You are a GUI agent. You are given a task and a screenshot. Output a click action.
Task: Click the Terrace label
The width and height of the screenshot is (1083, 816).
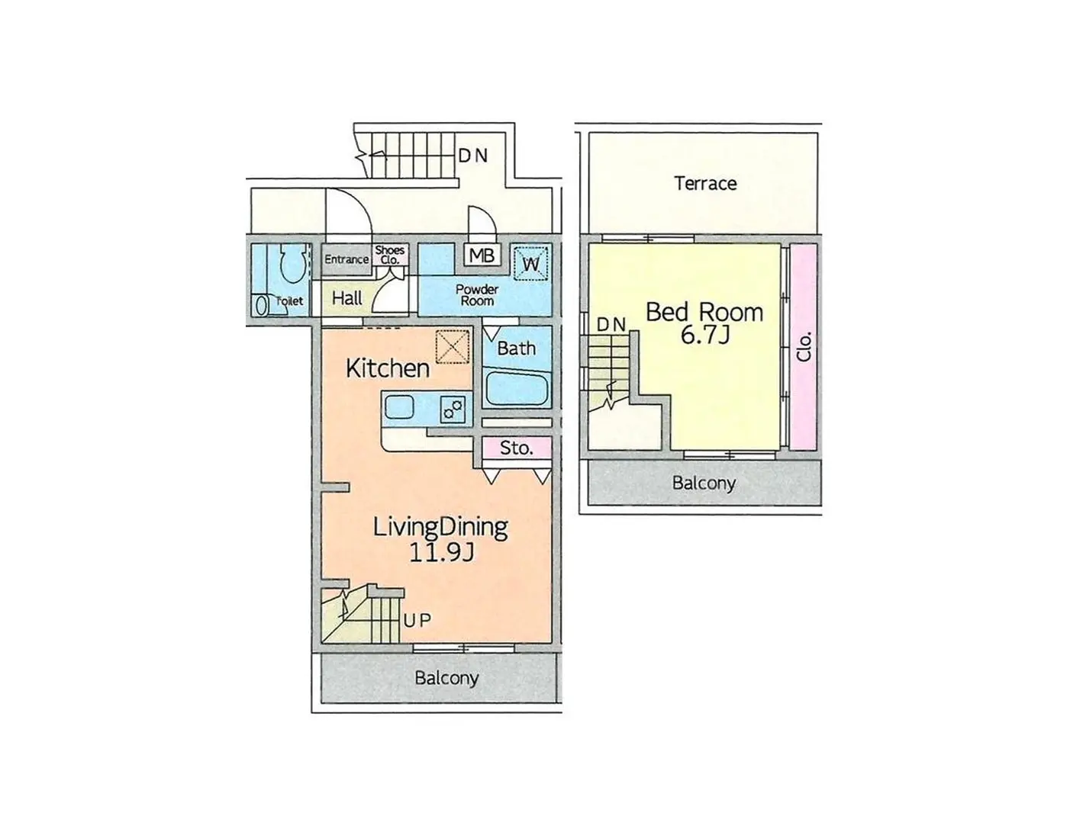pyautogui.click(x=705, y=184)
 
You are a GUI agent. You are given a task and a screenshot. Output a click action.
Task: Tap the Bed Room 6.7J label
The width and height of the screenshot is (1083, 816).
pyautogui.click(x=704, y=323)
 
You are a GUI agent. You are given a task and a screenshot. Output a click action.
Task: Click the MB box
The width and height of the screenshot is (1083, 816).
pyautogui.click(x=482, y=255)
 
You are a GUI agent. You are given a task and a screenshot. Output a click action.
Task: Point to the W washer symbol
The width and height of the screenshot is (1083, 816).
pyautogui.click(x=531, y=263)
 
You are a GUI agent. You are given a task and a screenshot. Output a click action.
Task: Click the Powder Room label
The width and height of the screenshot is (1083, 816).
pyautogui.click(x=476, y=295)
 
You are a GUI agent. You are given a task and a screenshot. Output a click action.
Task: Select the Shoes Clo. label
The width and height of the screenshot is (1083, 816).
pyautogui.click(x=390, y=255)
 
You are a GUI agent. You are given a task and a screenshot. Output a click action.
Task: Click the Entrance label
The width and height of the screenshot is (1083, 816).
pyautogui.click(x=346, y=259)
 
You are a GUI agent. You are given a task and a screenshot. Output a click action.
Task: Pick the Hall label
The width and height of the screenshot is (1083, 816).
pyautogui.click(x=346, y=298)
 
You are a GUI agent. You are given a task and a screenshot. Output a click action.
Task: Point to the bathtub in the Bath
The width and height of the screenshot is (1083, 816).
pyautogui.click(x=517, y=388)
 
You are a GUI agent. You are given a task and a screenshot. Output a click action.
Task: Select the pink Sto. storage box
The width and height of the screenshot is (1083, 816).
pyautogui.click(x=517, y=448)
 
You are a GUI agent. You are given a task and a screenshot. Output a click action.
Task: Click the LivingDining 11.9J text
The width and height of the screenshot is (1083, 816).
pyautogui.click(x=440, y=539)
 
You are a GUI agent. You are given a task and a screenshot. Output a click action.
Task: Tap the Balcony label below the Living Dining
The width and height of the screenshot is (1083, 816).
pyautogui.click(x=446, y=679)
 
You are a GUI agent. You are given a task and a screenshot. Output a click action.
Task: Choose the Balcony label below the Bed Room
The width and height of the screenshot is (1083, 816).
pyautogui.click(x=704, y=483)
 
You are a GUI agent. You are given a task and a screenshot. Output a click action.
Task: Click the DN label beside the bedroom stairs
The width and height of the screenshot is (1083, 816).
pyautogui.click(x=611, y=324)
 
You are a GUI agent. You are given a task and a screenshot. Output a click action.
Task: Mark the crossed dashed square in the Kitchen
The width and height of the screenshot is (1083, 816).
pyautogui.click(x=453, y=347)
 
